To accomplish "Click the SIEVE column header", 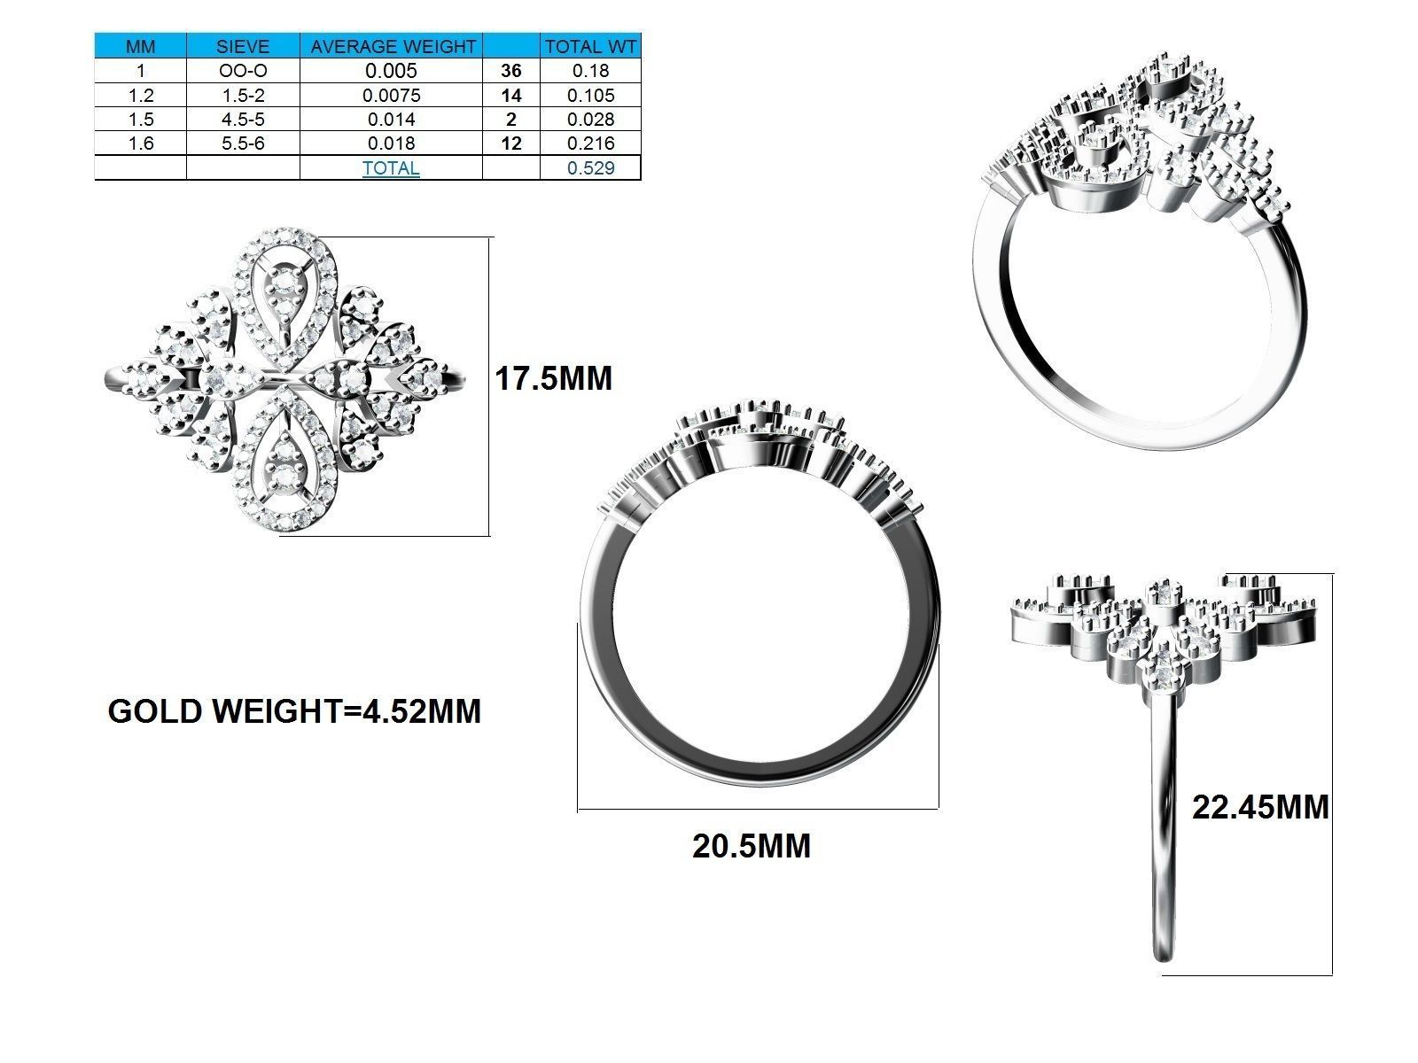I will [243, 47].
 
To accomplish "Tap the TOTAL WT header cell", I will [590, 47].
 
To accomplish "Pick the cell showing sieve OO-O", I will [243, 71].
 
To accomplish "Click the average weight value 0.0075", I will [391, 96].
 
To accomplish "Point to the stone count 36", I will [511, 71].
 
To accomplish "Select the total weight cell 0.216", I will [590, 144].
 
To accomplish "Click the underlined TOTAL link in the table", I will [391, 167].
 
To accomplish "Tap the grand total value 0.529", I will [590, 167].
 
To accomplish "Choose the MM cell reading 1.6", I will [140, 144].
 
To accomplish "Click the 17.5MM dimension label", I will [553, 379].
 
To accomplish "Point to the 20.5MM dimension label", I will [752, 846].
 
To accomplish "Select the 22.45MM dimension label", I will [1260, 808].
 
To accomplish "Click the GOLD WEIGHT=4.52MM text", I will [294, 711].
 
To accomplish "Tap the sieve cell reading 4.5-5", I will [243, 120].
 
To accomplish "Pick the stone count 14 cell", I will [511, 96].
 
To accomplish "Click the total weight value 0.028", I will [590, 120].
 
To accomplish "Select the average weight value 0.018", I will [391, 144].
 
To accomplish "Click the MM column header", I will [140, 47].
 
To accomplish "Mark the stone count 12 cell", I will [511, 144].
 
